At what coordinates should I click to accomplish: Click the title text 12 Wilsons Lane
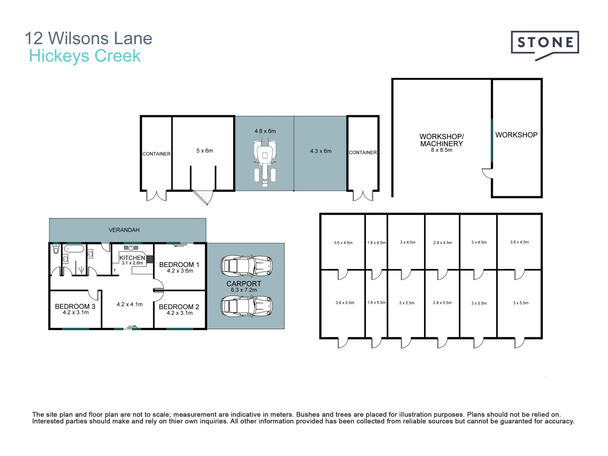[88, 38]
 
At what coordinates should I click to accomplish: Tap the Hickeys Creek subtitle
[84, 56]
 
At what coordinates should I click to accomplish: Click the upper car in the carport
[246, 266]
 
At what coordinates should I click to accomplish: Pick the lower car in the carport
[246, 306]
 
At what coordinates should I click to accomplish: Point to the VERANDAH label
[124, 230]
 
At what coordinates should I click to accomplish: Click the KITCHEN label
[132, 258]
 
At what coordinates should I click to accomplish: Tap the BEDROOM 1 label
[179, 265]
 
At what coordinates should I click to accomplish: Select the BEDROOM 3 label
[75, 307]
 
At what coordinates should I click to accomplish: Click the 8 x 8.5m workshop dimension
[441, 150]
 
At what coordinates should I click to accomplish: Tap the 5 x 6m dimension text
[205, 151]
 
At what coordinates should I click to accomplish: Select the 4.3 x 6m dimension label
[320, 151]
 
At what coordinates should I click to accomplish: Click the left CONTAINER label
[156, 154]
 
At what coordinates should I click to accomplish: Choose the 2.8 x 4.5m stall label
[442, 243]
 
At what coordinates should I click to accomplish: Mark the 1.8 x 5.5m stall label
[376, 303]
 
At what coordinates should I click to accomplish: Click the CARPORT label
[244, 284]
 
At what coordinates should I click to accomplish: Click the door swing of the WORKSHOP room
[487, 173]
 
